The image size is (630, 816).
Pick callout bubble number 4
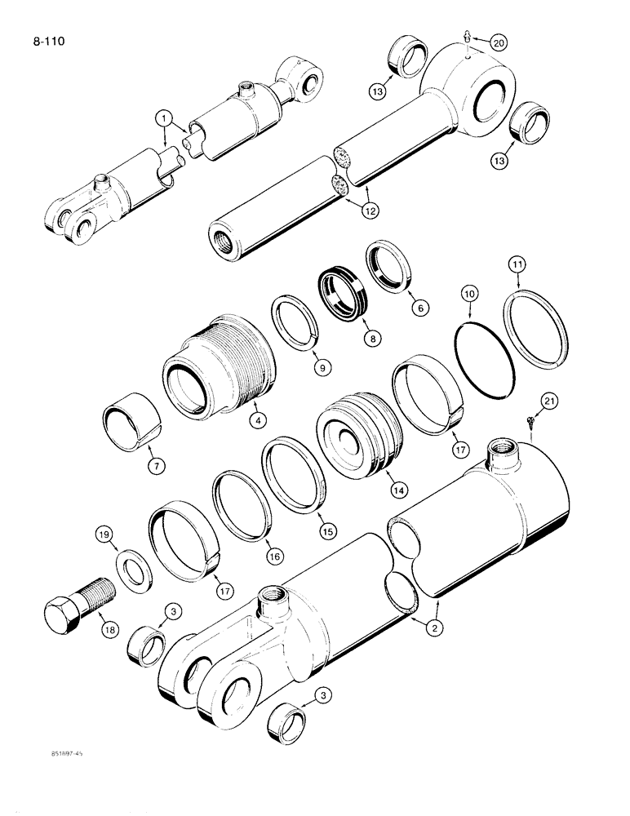[x=257, y=422]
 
